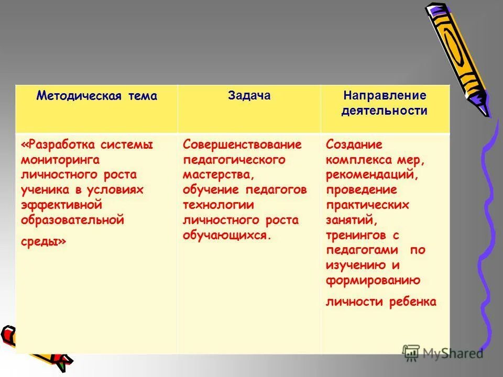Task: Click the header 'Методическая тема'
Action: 96,96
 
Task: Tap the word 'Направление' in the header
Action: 385,96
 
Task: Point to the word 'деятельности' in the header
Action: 385,111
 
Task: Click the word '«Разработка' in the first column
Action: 56,144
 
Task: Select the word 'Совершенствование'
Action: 242,144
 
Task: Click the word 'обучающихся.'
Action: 227,235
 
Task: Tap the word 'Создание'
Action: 354,144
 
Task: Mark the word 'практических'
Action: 367,205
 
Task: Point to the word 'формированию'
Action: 373,280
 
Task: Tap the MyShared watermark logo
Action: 443,353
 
